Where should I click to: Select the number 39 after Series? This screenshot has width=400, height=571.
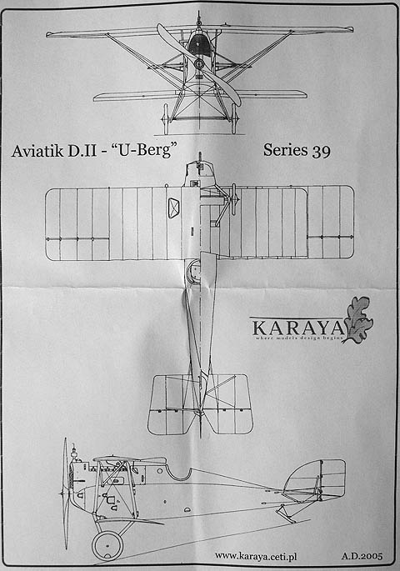click(321, 151)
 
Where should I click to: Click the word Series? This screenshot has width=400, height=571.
click(285, 150)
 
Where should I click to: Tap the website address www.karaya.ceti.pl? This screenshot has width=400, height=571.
click(256, 556)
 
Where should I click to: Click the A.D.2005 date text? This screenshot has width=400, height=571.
click(362, 556)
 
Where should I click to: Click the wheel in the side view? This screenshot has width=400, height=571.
click(107, 545)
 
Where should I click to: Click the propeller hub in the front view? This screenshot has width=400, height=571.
click(198, 64)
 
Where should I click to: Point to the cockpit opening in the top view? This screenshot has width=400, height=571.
click(193, 272)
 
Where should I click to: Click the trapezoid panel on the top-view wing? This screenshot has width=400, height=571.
click(174, 208)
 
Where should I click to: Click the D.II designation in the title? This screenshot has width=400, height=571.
click(81, 150)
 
